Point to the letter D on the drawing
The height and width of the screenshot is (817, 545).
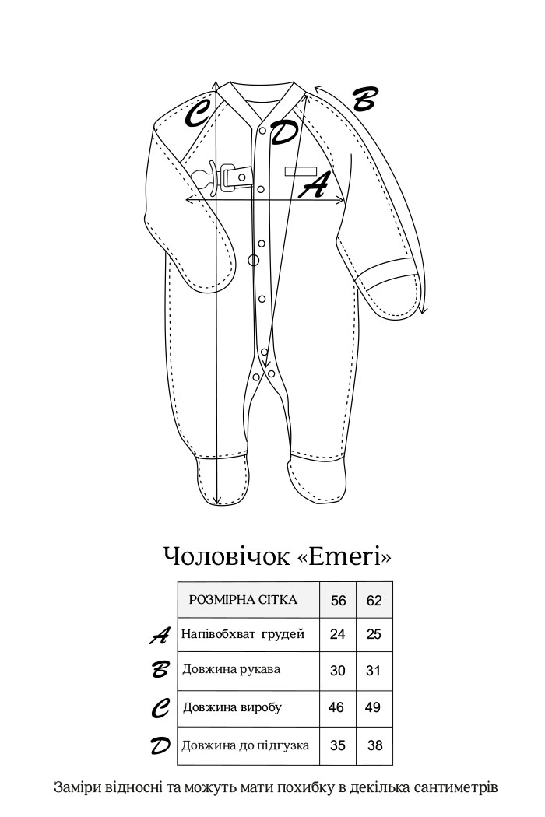(x=283, y=132)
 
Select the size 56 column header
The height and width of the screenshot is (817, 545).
(x=338, y=601)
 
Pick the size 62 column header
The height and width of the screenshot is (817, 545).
(x=374, y=601)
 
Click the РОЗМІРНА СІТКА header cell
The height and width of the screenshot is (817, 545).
(x=243, y=600)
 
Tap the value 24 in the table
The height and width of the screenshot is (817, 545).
(x=337, y=634)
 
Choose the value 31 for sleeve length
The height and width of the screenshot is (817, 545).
(x=374, y=671)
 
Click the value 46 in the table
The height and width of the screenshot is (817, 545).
(x=337, y=707)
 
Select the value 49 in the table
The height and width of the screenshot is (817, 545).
(x=374, y=707)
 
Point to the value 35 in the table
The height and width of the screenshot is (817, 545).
(x=337, y=745)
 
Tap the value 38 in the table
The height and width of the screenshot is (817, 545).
(x=374, y=745)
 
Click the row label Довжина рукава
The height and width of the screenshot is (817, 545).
(x=231, y=669)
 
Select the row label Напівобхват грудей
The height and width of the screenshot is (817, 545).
(x=242, y=634)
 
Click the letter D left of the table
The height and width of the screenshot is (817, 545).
(x=160, y=746)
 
